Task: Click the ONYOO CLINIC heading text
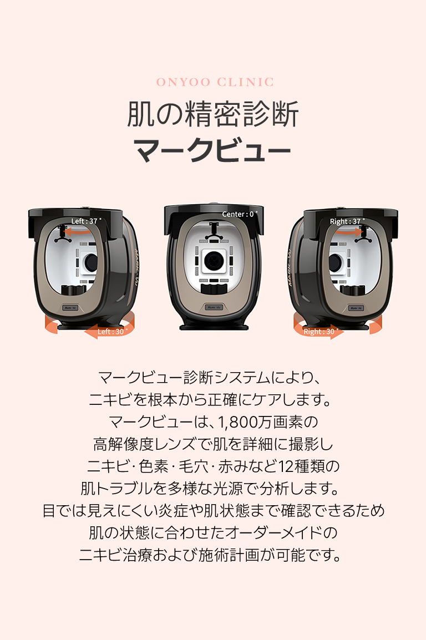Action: tap(215, 82)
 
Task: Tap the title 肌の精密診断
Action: tap(213, 114)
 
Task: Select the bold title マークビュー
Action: tap(212, 151)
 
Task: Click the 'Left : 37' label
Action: tap(86, 221)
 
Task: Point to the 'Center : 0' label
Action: tap(240, 214)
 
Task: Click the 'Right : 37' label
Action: tap(347, 221)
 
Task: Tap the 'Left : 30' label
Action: tap(112, 332)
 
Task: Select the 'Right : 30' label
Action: tap(321, 332)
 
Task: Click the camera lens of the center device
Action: tap(213, 261)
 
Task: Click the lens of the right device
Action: tap(336, 262)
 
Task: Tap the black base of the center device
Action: tap(214, 326)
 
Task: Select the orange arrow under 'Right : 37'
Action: tap(349, 232)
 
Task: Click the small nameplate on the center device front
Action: tap(214, 307)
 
